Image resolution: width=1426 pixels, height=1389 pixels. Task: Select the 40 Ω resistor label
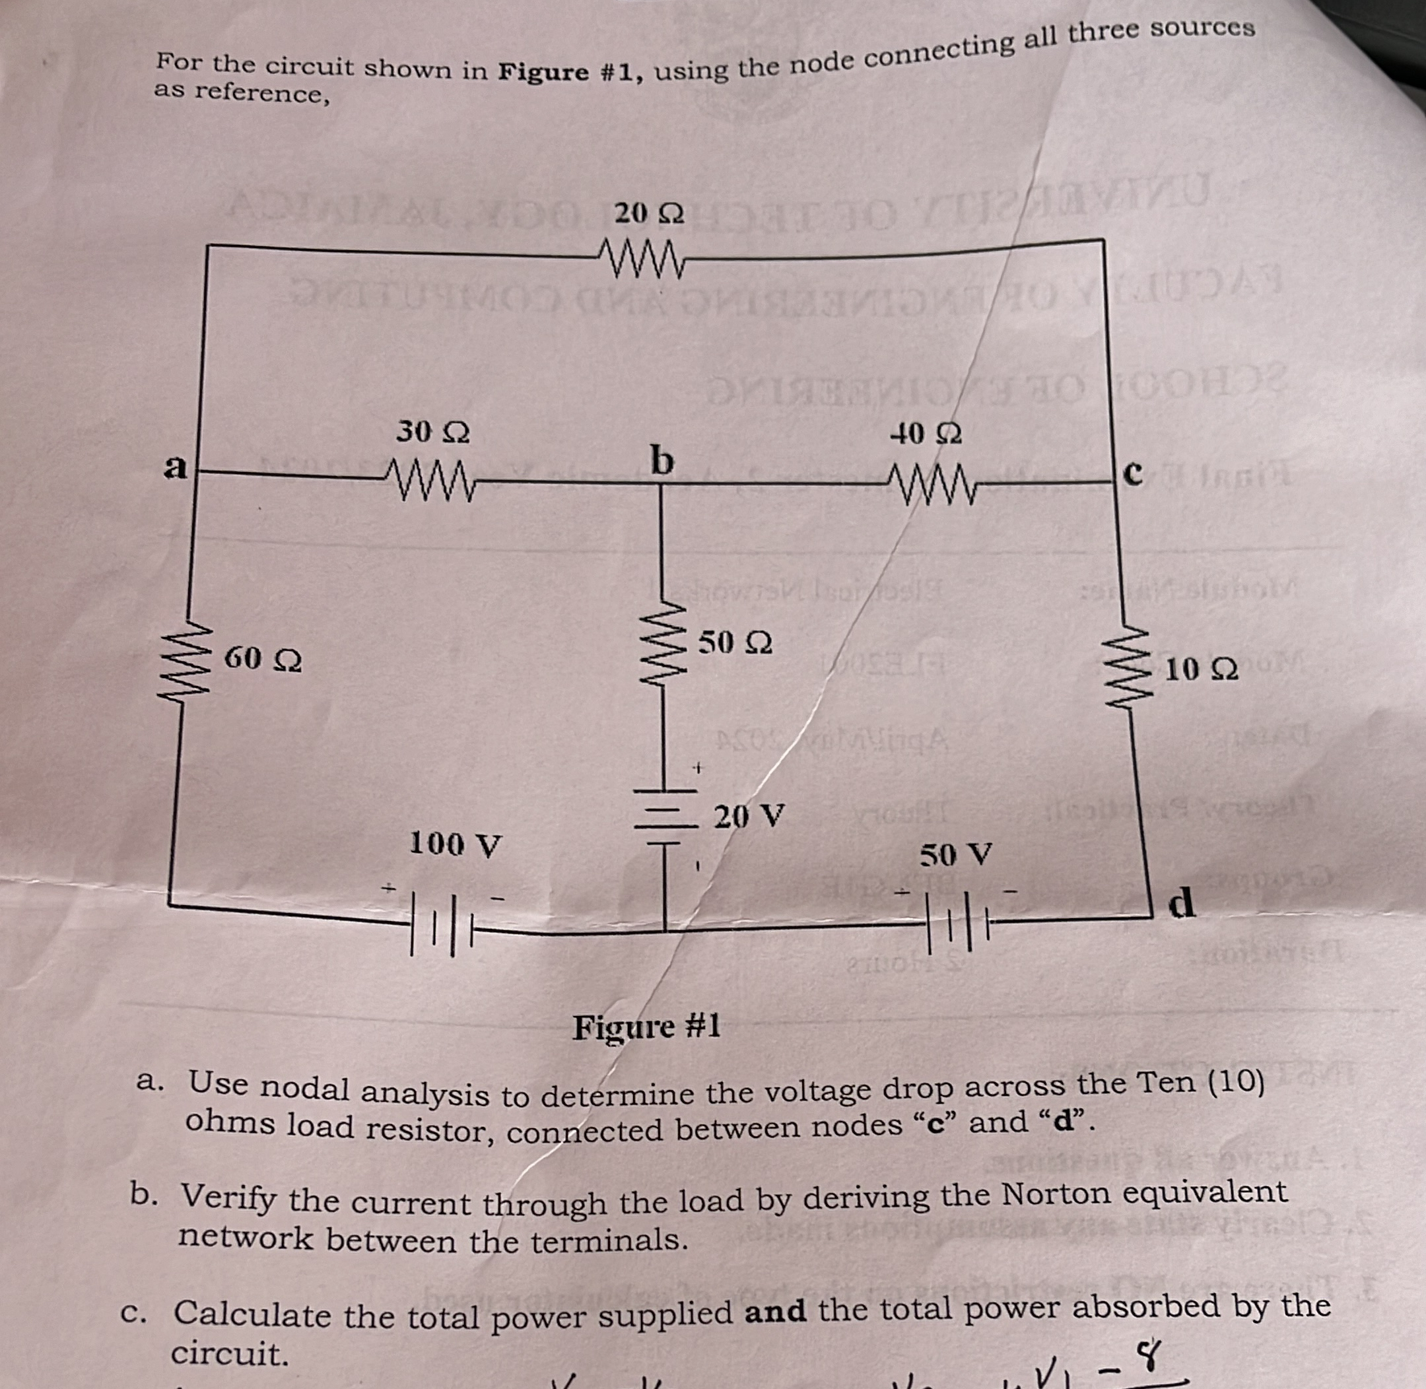click(926, 435)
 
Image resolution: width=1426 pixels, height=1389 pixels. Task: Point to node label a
click(174, 466)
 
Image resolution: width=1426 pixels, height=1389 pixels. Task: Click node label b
click(662, 460)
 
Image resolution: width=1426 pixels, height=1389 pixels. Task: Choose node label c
click(1132, 473)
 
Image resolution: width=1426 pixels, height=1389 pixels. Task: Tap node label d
click(1182, 904)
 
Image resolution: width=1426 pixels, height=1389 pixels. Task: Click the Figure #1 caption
click(646, 1027)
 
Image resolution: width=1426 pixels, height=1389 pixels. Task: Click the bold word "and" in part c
click(774, 1311)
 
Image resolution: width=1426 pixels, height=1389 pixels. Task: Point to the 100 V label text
click(454, 844)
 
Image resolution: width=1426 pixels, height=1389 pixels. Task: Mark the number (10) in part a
click(1236, 1082)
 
